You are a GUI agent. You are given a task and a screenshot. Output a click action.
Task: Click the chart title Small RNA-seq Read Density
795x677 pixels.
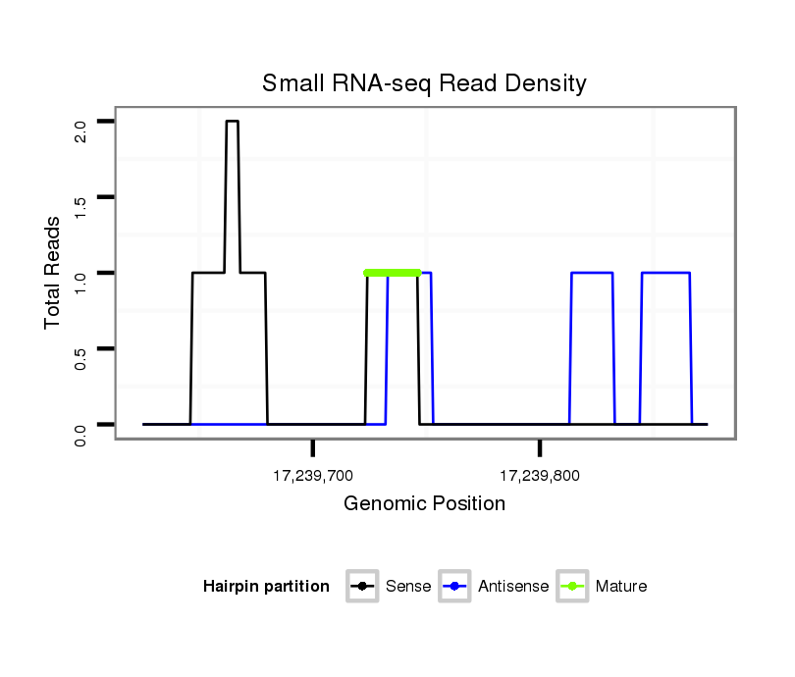(424, 83)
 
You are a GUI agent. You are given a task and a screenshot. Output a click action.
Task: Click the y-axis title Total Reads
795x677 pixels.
(53, 273)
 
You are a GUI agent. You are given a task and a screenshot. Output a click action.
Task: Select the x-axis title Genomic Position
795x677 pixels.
(424, 504)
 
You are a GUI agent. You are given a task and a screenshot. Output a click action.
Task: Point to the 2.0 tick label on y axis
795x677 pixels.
(79, 130)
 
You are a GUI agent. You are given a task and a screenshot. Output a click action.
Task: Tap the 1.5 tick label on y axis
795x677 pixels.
(79, 206)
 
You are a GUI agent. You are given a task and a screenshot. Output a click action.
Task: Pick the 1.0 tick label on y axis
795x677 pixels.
(79, 282)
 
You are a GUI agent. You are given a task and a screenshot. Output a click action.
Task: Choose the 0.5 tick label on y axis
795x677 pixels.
(79, 357)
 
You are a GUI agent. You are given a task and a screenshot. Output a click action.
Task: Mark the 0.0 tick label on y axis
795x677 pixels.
(79, 433)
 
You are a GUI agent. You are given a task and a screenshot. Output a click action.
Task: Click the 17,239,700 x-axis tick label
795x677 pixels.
(312, 477)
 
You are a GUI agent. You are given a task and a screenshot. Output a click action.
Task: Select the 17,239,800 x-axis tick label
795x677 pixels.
(540, 477)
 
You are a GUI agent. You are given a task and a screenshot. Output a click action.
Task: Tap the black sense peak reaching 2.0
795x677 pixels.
(233, 122)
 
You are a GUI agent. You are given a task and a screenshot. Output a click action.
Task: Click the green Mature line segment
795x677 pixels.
(393, 273)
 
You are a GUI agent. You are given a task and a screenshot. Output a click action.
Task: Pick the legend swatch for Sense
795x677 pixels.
(362, 587)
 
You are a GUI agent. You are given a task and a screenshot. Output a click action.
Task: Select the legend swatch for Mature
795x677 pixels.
(572, 587)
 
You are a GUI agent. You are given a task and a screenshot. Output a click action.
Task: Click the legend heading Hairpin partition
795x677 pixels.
(266, 587)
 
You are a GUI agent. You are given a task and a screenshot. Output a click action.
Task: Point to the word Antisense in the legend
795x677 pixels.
(513, 587)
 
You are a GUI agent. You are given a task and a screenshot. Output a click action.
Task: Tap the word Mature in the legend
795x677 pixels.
(621, 587)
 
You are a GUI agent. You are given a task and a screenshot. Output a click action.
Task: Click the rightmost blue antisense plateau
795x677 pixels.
(666, 273)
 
